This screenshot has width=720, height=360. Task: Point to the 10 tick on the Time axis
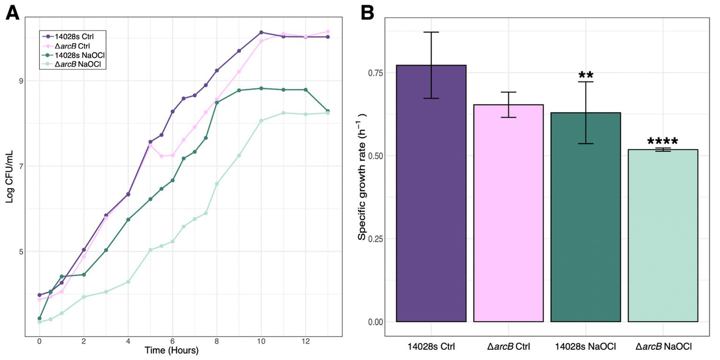coord(261,342)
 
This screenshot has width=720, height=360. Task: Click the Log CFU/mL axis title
coord(10,176)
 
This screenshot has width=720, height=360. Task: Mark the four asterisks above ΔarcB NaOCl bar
coord(663,141)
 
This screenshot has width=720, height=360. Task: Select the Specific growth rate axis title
coord(363,176)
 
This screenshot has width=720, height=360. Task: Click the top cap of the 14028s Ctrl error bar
coord(431,32)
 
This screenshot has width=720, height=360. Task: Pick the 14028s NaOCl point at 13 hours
coord(328,111)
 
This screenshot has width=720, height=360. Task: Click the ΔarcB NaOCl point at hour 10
coord(261,120)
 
